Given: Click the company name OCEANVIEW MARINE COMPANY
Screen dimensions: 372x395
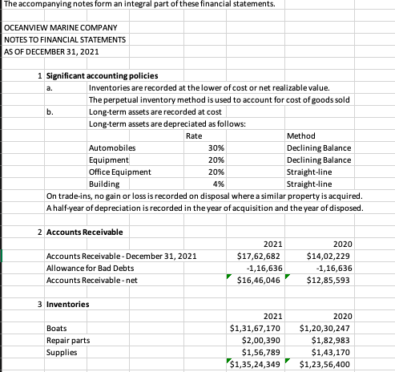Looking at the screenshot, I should pos(53,28).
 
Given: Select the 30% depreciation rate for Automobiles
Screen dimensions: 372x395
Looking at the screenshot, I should pos(215,148).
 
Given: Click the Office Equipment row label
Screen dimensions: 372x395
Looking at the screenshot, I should pos(119,171).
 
